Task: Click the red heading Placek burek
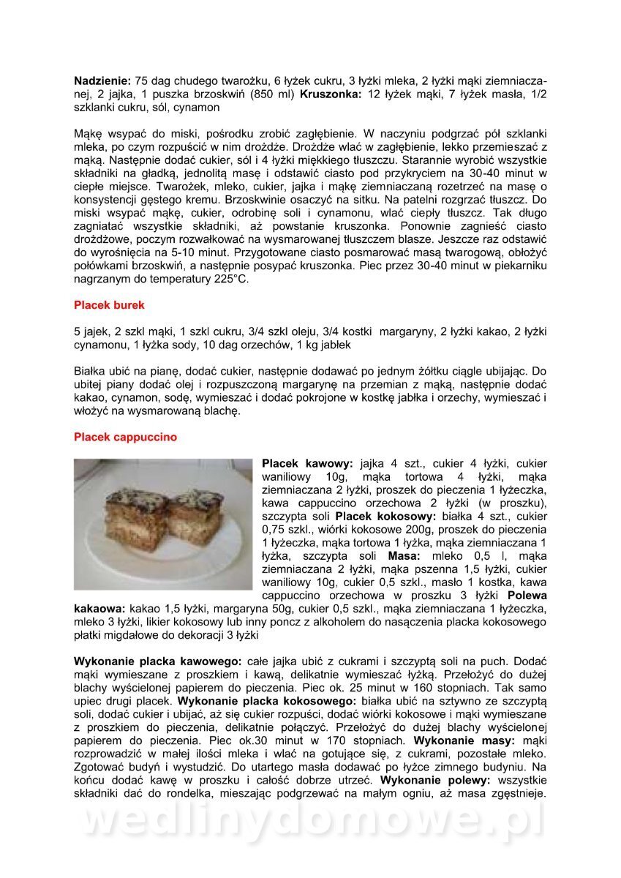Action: click(109, 304)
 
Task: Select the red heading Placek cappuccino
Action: click(125, 438)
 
